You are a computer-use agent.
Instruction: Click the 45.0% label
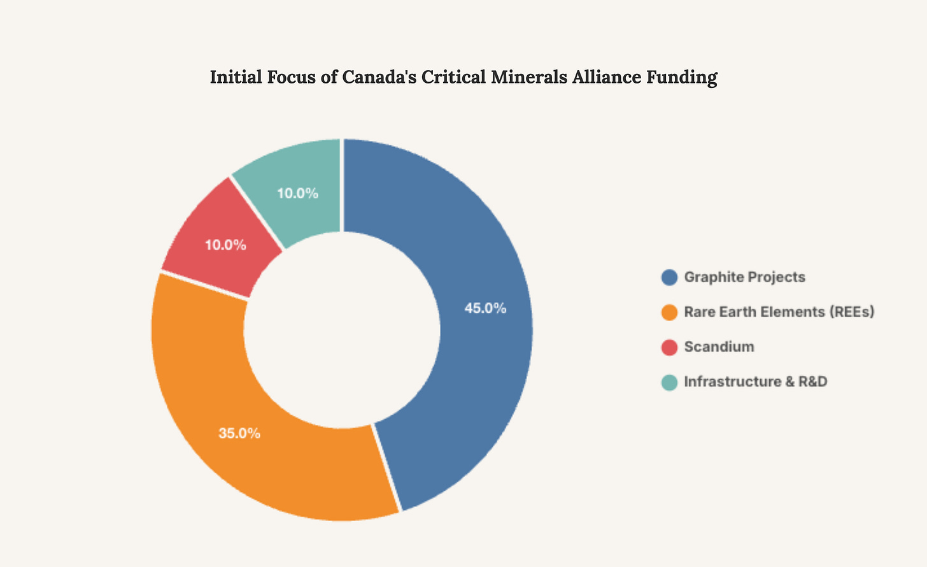(485, 308)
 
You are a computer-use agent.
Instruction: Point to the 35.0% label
(239, 433)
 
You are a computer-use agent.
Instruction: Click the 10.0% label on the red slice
(225, 245)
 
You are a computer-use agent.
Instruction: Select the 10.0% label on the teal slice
(297, 193)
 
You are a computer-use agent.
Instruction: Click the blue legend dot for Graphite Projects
(669, 277)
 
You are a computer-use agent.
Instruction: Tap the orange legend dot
(669, 312)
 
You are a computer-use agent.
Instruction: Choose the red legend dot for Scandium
(669, 347)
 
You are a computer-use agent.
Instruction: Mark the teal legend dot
(669, 382)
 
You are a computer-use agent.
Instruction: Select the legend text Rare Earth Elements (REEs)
(779, 312)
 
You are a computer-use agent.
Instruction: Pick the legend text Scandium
(719, 347)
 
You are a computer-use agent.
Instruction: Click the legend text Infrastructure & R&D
(756, 382)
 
